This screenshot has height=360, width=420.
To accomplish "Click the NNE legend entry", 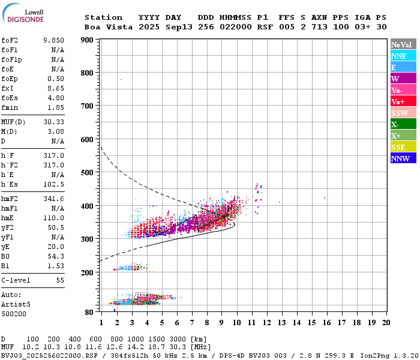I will [x=402, y=56].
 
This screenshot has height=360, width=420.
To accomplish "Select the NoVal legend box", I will [x=402, y=44].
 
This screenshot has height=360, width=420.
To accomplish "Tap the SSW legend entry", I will [x=402, y=113].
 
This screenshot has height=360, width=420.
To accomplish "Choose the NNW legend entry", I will [x=402, y=158].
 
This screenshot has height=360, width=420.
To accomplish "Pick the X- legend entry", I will [x=402, y=124].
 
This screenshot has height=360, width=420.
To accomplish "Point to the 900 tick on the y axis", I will [x=87, y=40].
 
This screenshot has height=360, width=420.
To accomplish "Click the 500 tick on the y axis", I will [x=87, y=173].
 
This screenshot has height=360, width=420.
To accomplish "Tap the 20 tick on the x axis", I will [x=386, y=322].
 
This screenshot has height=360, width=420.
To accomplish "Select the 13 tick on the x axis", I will [x=281, y=322].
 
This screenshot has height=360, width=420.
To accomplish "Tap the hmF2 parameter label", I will [x=11, y=198].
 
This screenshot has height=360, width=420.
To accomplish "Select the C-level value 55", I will [x=60, y=280].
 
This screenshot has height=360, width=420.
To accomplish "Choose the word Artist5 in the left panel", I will [x=14, y=304].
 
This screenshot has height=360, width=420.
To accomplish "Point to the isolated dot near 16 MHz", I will [x=325, y=197].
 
